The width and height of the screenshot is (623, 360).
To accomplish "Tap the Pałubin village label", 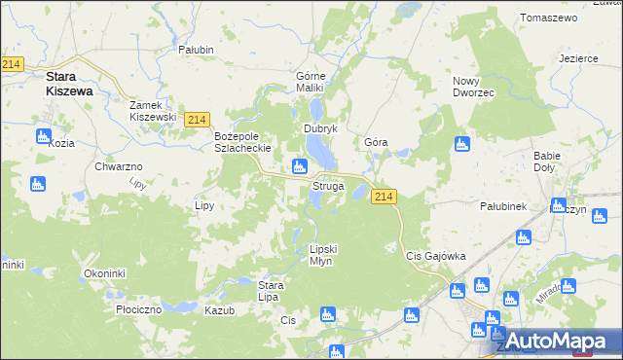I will [x=198, y=48].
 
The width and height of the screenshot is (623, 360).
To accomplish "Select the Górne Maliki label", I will [x=314, y=82].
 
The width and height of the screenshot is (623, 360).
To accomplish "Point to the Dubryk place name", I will [x=320, y=128].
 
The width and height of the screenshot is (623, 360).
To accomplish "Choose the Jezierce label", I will [x=578, y=58].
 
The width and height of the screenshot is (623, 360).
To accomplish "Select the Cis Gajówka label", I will [x=435, y=256].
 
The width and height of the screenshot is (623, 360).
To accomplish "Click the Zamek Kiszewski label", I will [x=153, y=110].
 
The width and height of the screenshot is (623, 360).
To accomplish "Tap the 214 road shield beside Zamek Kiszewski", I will [x=196, y=119].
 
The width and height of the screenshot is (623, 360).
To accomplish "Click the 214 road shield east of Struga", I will [x=384, y=197].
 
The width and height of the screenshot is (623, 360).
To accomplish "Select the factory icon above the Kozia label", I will [x=44, y=136].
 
